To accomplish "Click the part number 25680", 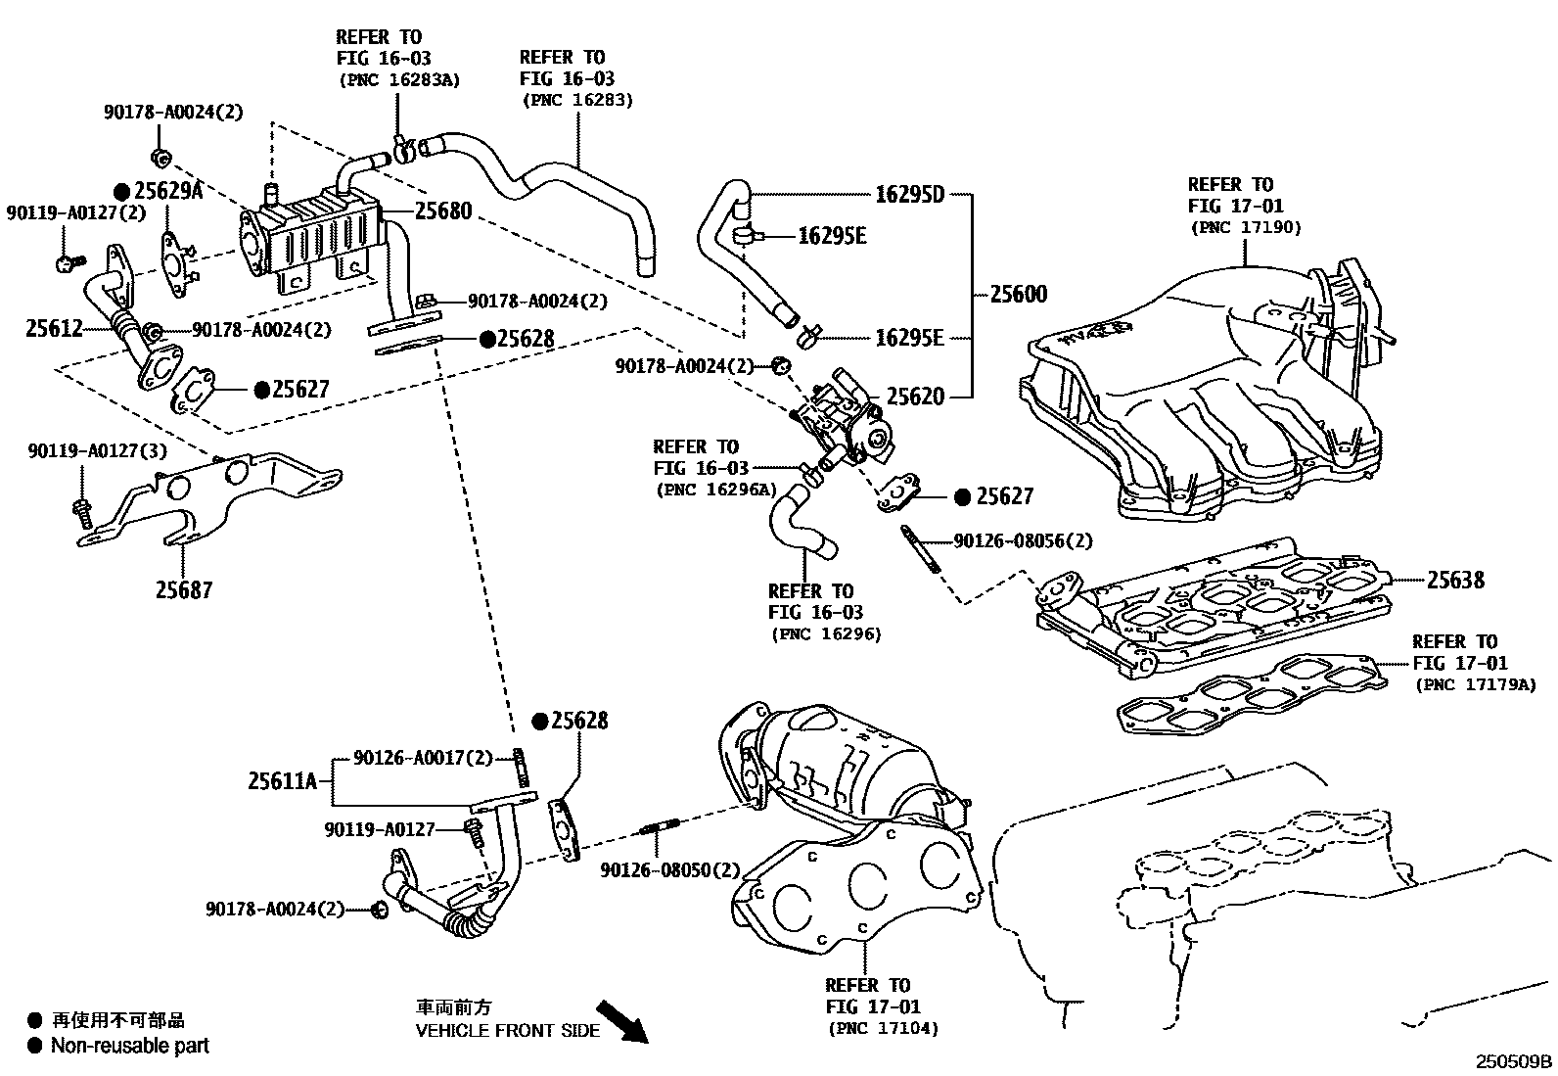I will tap(443, 211).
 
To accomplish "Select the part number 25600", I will tap(1018, 294).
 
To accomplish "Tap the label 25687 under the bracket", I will tap(184, 589).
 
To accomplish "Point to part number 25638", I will tap(1455, 580).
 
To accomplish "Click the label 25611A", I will tap(283, 780).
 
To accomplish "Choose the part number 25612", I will tap(55, 329).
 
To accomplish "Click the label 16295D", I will tap(909, 194).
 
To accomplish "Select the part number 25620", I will tap(915, 397).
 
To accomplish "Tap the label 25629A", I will tap(167, 191).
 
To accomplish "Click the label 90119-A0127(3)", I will tap(97, 451).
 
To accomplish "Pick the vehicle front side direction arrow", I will tap(623, 1022).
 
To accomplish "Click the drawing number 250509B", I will tap(1514, 1061).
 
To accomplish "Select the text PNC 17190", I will tap(1246, 227).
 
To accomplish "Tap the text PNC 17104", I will tap(883, 1028).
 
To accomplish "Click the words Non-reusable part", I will tap(129, 1046).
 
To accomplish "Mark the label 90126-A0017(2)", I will tap(423, 757).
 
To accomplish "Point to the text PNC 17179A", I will tap(1474, 684).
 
